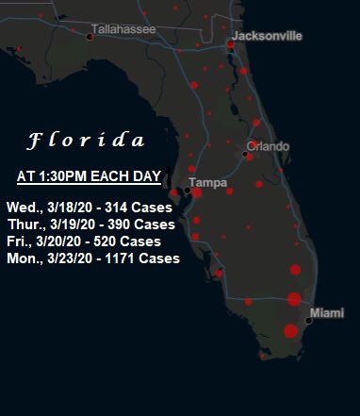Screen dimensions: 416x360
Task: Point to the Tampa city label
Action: (x=206, y=181)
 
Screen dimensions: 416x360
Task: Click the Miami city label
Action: (x=327, y=312)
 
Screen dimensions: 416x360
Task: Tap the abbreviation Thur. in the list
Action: (x=24, y=225)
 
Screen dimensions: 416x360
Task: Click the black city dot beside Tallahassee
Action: (x=90, y=37)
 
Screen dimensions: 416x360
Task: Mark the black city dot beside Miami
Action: (x=309, y=321)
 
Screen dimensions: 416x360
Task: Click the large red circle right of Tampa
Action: (x=197, y=192)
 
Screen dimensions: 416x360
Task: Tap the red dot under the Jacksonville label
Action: (x=231, y=44)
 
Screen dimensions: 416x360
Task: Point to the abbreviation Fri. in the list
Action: (x=17, y=241)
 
